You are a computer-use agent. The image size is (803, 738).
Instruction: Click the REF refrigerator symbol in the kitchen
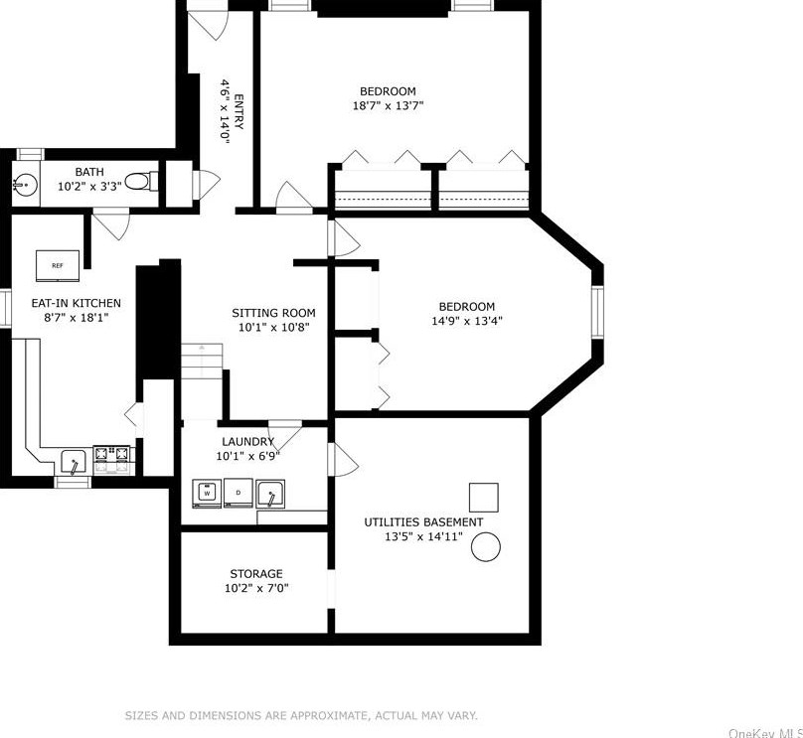tap(58, 265)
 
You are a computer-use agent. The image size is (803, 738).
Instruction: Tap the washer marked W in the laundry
tap(207, 492)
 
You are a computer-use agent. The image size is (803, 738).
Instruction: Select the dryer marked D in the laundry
tap(239, 492)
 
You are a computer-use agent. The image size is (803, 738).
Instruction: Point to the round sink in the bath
tap(25, 183)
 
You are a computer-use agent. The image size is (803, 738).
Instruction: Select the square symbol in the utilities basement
tap(483, 497)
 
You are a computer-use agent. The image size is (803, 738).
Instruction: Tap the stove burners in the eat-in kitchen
tap(112, 457)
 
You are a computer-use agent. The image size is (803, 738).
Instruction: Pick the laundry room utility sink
tap(270, 493)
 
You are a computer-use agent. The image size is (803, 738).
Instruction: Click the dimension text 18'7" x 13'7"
tap(388, 105)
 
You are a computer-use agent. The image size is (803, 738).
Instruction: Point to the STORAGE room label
tap(256, 573)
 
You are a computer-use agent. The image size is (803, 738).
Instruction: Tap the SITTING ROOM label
tap(273, 312)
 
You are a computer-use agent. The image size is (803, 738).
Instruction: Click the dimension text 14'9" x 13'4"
tap(467, 321)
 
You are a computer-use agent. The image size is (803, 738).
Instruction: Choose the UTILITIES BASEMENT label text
tap(423, 521)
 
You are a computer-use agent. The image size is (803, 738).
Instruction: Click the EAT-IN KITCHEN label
tap(77, 303)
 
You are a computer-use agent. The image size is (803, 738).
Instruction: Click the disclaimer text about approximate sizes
tap(300, 715)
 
